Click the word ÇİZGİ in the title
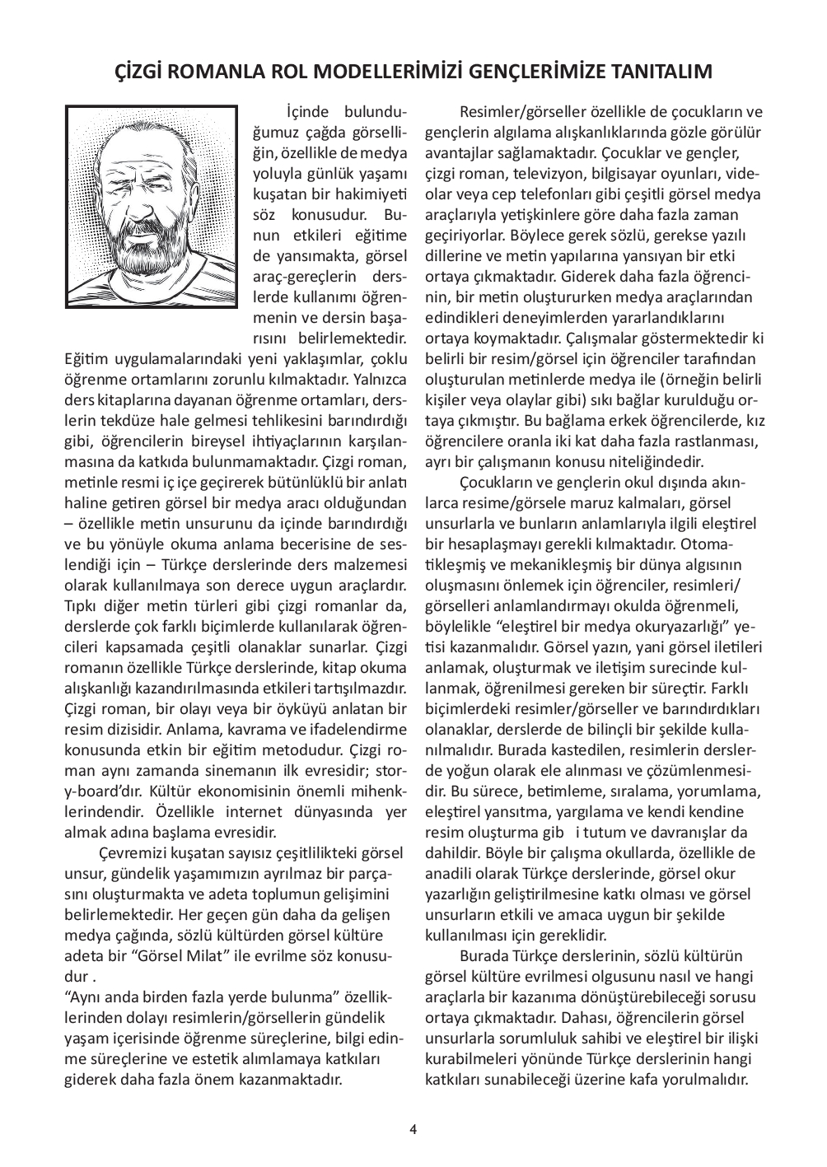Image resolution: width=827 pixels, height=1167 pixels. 140,73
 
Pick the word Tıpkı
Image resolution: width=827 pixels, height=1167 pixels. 82,606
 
